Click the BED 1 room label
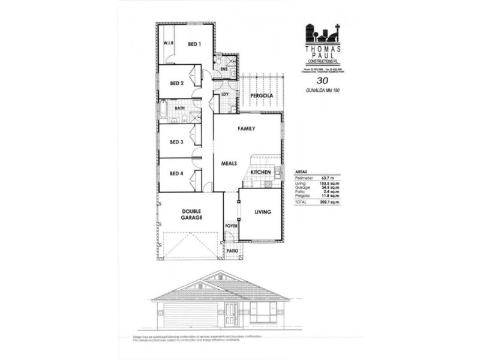(x=194, y=44)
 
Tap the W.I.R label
(x=169, y=44)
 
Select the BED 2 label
(x=176, y=83)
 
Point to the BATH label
(x=179, y=108)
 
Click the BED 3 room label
(x=176, y=142)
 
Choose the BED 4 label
(x=176, y=175)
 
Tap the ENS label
(x=224, y=70)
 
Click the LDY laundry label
(x=226, y=94)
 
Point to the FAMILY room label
(x=247, y=129)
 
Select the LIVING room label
(x=263, y=212)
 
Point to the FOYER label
(x=232, y=226)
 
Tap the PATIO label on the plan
(x=232, y=250)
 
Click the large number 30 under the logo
(x=322, y=81)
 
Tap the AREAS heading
(x=301, y=170)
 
